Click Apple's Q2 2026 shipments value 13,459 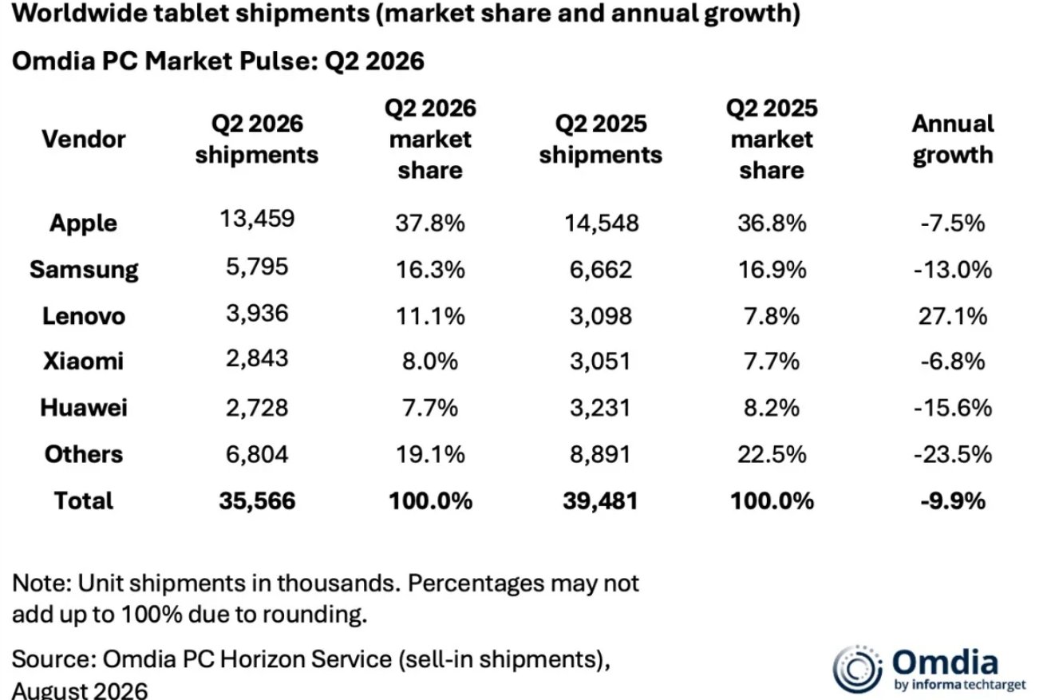pyautogui.click(x=257, y=219)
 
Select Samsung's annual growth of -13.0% pyautogui.click(x=953, y=270)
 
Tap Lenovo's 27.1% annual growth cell pyautogui.click(x=953, y=316)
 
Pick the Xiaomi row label pyautogui.click(x=84, y=361)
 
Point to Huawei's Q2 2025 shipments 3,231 pyautogui.click(x=601, y=408)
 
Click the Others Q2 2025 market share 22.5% pyautogui.click(x=772, y=454)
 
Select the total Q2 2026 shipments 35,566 pyautogui.click(x=257, y=500)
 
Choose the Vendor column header pyautogui.click(x=84, y=140)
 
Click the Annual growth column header pyautogui.click(x=953, y=140)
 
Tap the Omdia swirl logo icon pyautogui.click(x=858, y=669)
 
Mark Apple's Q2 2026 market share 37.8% pyautogui.click(x=430, y=223)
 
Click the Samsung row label pyautogui.click(x=84, y=270)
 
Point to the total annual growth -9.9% pyautogui.click(x=953, y=500)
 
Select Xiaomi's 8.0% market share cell pyautogui.click(x=430, y=361)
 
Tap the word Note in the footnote pyautogui.click(x=41, y=583)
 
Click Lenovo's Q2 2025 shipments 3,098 pyautogui.click(x=601, y=316)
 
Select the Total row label pyautogui.click(x=84, y=500)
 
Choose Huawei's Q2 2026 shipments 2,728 pyautogui.click(x=257, y=408)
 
